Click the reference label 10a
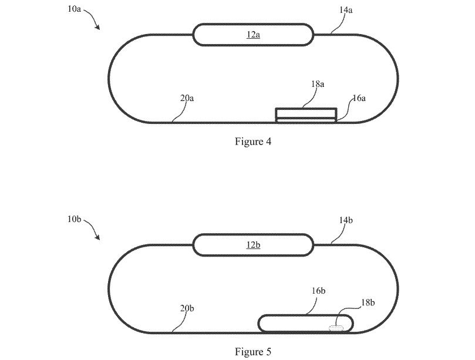(x=74, y=8)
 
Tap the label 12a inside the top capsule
(x=253, y=35)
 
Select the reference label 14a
(x=346, y=10)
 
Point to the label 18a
(x=318, y=83)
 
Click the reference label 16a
(x=359, y=98)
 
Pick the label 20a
(x=187, y=98)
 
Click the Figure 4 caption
(x=253, y=141)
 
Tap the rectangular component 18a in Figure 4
(x=306, y=113)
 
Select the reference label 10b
(x=74, y=219)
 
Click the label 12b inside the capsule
(x=253, y=244)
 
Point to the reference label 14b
(x=346, y=220)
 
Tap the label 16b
(x=318, y=291)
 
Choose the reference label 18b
(x=368, y=302)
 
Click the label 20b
(x=187, y=308)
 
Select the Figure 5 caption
(x=253, y=352)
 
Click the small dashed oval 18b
(x=336, y=328)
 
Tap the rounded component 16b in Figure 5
(x=305, y=315)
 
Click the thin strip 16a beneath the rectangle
(x=306, y=120)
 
